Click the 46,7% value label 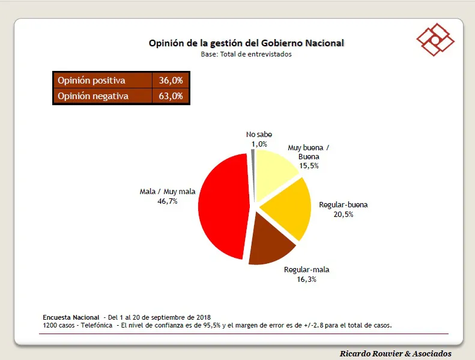167,201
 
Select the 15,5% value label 309,165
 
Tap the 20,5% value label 343,214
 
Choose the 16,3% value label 306,279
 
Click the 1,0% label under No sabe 259,144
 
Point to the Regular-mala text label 306,270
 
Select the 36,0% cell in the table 171,80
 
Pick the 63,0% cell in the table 171,96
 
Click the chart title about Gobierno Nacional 246,43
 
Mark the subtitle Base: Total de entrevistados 246,54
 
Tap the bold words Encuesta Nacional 71,317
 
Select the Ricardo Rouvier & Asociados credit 395,353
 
